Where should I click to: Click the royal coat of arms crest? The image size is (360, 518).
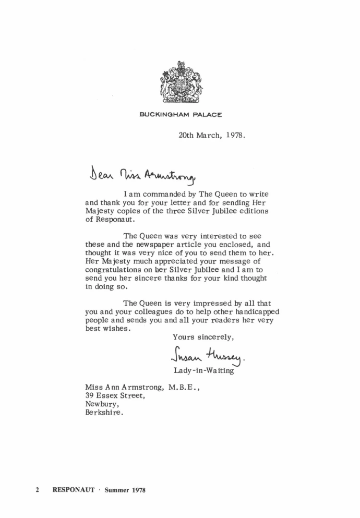pyautogui.click(x=180, y=82)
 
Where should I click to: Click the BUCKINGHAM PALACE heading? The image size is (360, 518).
pyautogui.click(x=181, y=115)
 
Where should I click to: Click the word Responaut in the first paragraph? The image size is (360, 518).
pyautogui.click(x=107, y=220)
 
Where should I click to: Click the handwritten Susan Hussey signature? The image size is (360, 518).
pyautogui.click(x=207, y=356)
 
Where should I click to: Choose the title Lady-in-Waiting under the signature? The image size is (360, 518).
pyautogui.click(x=203, y=371)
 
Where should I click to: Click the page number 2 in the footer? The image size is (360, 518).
pyautogui.click(x=38, y=490)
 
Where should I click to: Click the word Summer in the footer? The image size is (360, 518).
pyautogui.click(x=116, y=490)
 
